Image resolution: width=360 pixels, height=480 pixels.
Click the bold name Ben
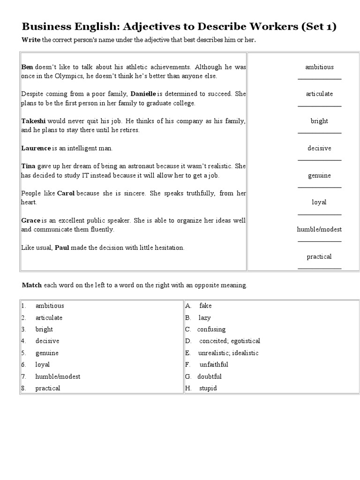[27, 67]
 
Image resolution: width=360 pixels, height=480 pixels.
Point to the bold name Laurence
[36, 148]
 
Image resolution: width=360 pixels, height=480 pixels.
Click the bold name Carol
[66, 193]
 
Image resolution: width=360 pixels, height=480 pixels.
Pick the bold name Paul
[62, 247]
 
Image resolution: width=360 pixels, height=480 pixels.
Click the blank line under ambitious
[319, 79]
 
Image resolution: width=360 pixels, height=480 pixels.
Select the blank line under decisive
[319, 160]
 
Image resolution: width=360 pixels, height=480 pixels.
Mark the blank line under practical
[319, 269]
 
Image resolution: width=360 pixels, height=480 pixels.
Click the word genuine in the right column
[319, 175]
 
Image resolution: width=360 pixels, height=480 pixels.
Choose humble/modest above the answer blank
[319, 229]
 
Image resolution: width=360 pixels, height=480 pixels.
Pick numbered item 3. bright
[44, 329]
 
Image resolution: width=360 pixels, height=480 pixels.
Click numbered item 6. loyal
[42, 364]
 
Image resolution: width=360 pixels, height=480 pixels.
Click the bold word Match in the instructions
[32, 285]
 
